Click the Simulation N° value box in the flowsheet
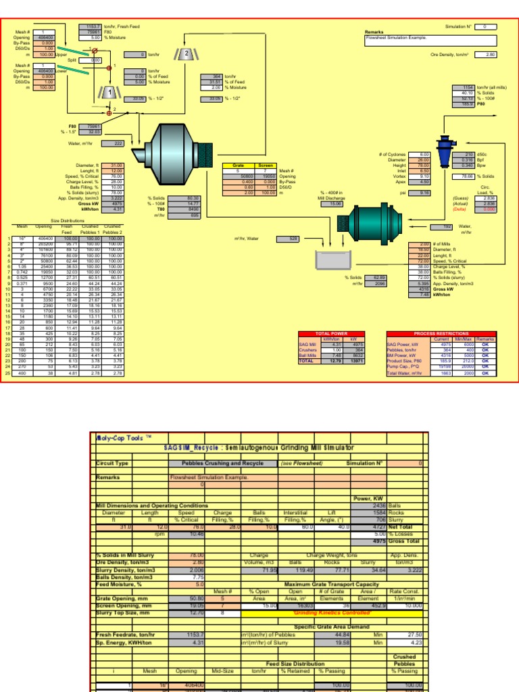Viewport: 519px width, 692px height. tap(485, 26)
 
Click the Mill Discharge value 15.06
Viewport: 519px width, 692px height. tap(335, 203)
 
